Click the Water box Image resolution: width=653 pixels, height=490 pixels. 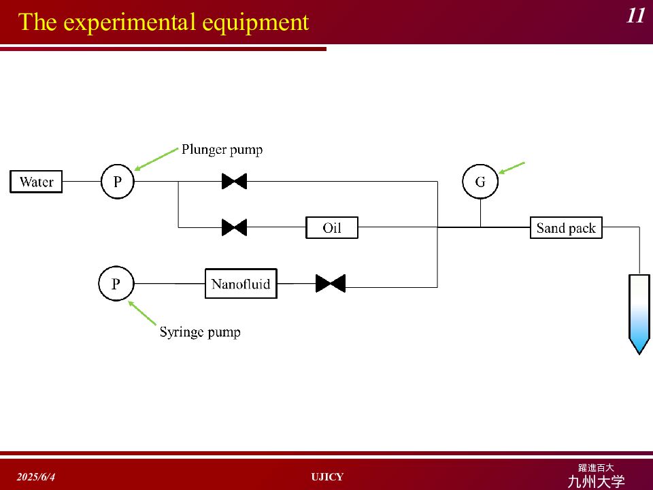coord(36,182)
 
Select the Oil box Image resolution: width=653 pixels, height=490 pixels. coord(331,228)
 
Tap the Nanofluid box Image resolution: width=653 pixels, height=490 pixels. coord(241,284)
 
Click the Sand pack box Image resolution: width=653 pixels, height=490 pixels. coord(566,228)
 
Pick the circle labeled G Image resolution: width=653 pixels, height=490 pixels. coord(480,182)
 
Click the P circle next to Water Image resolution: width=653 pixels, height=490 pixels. coord(118,182)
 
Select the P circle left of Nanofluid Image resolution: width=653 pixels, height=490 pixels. coord(115,284)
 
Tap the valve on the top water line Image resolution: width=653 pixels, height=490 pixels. coord(234,182)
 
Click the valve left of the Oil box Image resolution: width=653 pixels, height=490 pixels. coord(234,227)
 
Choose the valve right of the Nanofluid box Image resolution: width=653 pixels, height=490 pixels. coord(331,284)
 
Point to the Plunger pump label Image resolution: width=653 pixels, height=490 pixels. coord(222,150)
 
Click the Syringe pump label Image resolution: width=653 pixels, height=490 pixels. coord(200,332)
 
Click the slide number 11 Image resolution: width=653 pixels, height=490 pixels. coord(635,16)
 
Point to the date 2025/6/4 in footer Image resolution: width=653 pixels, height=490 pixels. coord(36,477)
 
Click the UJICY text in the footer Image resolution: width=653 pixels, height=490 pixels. coord(327,477)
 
